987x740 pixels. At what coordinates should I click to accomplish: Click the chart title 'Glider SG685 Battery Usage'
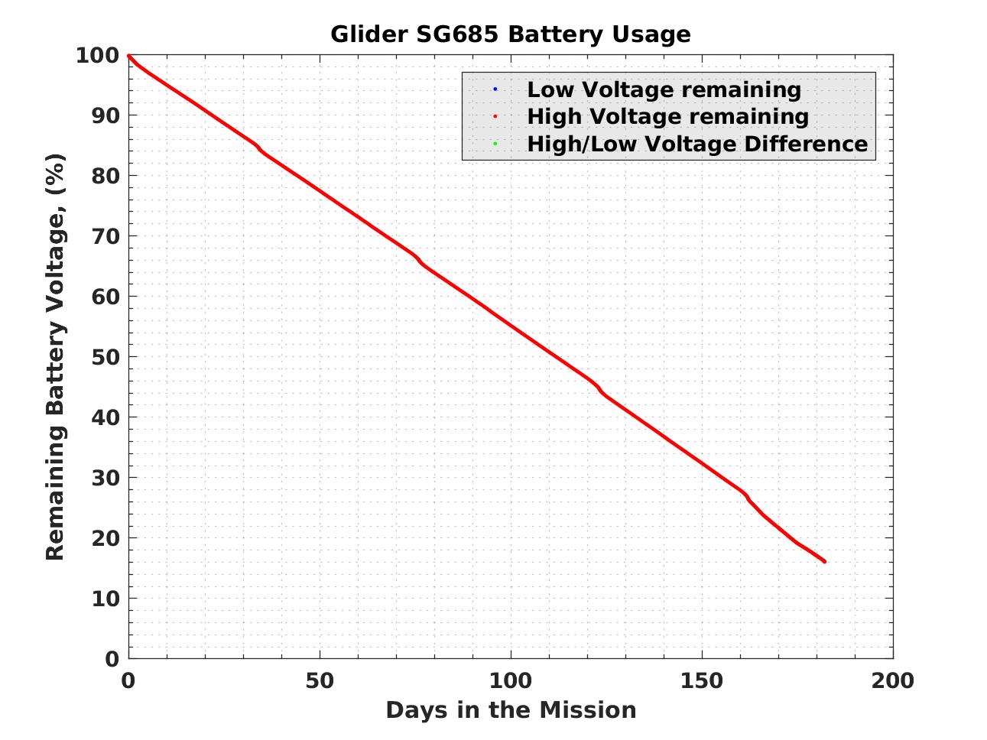tap(510, 34)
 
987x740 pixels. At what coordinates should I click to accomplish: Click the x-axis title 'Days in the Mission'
tap(510, 710)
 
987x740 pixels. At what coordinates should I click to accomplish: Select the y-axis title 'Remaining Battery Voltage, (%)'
tap(55, 357)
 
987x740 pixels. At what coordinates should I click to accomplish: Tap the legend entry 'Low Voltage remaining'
tap(664, 89)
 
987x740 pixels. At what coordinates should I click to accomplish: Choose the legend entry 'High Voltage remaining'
tap(667, 116)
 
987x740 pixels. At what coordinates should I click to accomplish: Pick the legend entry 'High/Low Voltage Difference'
tap(697, 144)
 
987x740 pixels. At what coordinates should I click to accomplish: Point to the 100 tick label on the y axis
tap(97, 55)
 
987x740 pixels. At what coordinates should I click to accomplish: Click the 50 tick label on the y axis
tap(106, 357)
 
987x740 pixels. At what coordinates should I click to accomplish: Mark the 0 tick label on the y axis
tap(112, 658)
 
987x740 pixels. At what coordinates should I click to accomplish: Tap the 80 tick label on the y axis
tap(106, 176)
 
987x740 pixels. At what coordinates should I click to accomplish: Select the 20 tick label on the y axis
tap(106, 538)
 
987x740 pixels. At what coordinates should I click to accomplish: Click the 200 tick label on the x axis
tap(892, 680)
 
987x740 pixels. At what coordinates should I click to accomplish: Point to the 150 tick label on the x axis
tap(702, 680)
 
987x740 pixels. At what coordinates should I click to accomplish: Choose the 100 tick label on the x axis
tap(510, 680)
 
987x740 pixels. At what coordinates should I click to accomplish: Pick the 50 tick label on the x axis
tap(320, 680)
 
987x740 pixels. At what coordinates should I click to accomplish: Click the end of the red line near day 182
tap(824, 562)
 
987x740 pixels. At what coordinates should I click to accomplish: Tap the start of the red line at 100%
tap(128, 56)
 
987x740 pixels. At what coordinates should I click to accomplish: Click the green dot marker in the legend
tap(495, 144)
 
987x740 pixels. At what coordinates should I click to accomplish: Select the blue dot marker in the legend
tap(495, 89)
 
